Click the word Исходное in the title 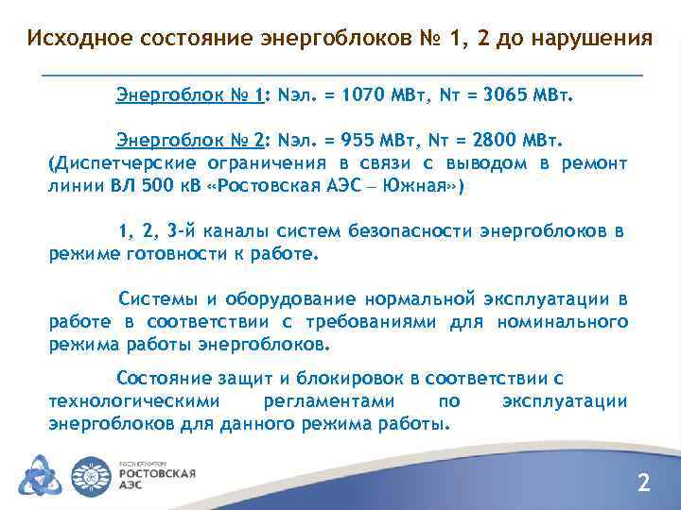click(x=80, y=40)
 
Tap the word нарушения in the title click(x=593, y=40)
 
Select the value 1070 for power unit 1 click(x=363, y=95)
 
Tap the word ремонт click(x=595, y=162)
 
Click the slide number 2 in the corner click(x=644, y=484)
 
